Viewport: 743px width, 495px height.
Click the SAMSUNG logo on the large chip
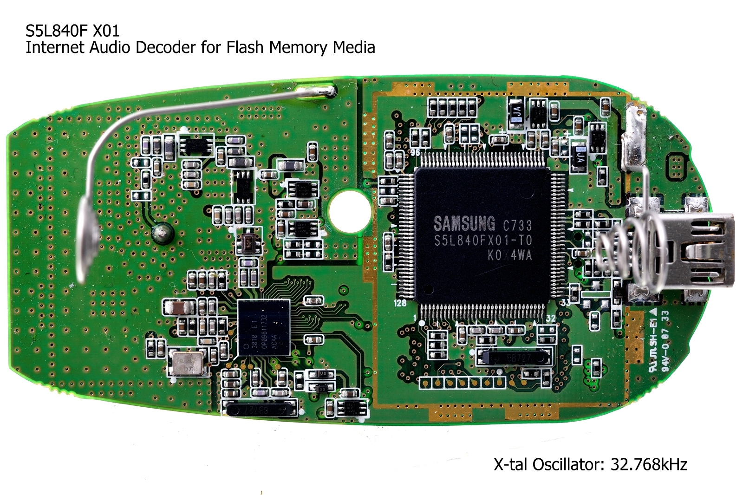(x=464, y=224)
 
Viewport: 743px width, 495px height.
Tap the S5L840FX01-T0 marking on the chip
(x=482, y=241)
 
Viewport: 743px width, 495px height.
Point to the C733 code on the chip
(x=517, y=226)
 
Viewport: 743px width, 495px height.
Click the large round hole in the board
(x=349, y=211)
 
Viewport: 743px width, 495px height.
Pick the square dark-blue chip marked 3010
(x=263, y=327)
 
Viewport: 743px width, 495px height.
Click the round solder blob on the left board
(x=162, y=233)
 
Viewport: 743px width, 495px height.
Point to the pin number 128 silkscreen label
(x=400, y=303)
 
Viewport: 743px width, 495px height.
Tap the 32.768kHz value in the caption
(x=648, y=464)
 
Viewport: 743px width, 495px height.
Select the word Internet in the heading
(x=55, y=47)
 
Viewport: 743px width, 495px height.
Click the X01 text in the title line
(x=106, y=31)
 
